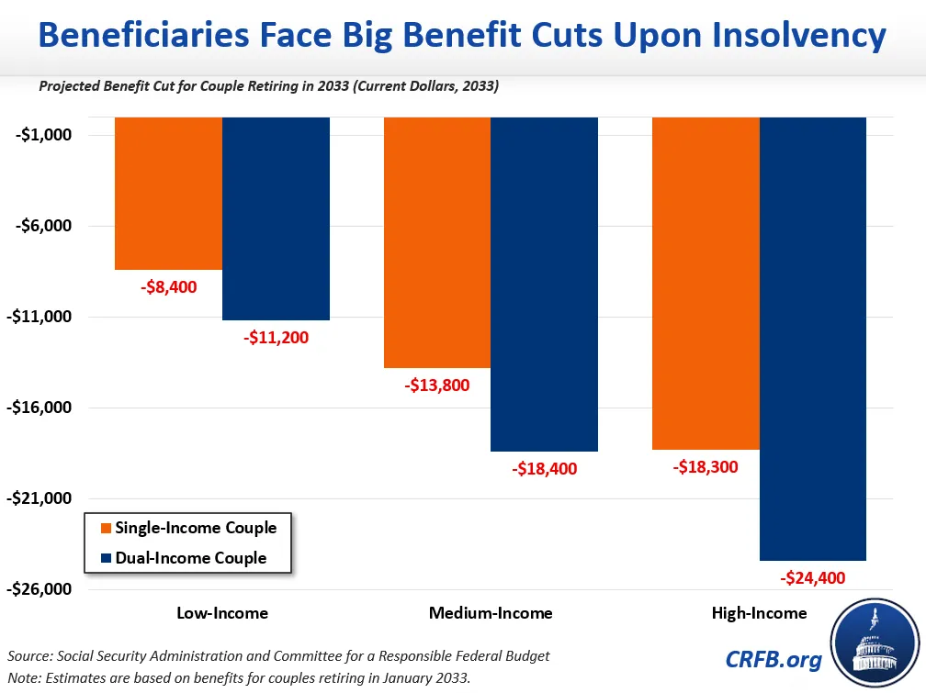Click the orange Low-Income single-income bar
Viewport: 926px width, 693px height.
[x=169, y=193]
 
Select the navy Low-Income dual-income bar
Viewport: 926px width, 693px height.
[x=276, y=218]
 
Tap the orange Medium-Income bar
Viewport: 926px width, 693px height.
[x=437, y=242]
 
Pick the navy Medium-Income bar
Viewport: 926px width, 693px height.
[x=544, y=284]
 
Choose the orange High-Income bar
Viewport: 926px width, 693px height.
[x=706, y=283]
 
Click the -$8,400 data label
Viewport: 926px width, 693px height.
[x=169, y=287]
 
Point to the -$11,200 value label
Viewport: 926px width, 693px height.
[x=276, y=338]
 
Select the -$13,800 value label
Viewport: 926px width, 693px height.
[x=437, y=386]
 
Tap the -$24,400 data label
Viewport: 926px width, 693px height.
[x=812, y=578]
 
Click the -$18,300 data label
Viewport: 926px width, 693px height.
[x=706, y=467]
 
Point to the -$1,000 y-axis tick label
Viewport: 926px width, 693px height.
[x=43, y=136]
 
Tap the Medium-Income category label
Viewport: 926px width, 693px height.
[x=491, y=613]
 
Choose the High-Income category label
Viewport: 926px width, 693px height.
[x=759, y=613]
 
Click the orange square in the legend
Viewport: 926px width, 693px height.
[x=106, y=528]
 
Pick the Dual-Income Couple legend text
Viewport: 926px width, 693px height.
[x=191, y=557]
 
